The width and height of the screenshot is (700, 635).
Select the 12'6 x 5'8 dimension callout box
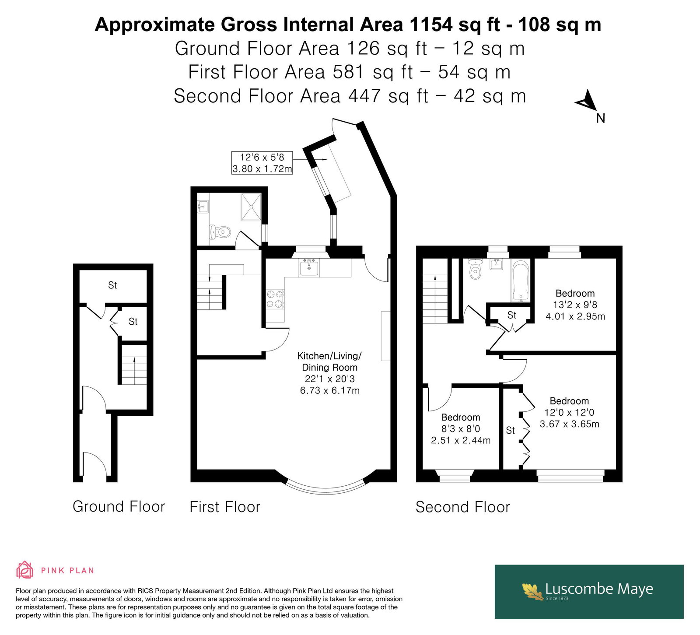coord(262,163)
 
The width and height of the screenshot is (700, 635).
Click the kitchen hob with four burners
coord(275,299)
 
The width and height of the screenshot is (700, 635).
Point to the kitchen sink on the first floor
coord(309,267)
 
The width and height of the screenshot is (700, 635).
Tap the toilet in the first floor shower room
coord(220,232)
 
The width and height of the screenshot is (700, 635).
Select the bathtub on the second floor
coord(521,281)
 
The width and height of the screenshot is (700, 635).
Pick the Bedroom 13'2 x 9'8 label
coord(575,305)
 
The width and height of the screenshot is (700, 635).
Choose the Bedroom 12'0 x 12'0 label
coord(569,412)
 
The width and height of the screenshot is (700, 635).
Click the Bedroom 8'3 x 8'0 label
coord(461,429)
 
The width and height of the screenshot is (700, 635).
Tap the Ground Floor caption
coord(119,506)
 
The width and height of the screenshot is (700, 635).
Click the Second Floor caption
coord(462,507)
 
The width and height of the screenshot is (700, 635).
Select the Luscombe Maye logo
coord(589,591)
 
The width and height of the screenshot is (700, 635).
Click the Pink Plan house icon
coord(24,570)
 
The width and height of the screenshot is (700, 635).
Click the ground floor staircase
coord(134,365)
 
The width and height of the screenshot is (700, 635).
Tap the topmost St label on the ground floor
coord(112,285)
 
